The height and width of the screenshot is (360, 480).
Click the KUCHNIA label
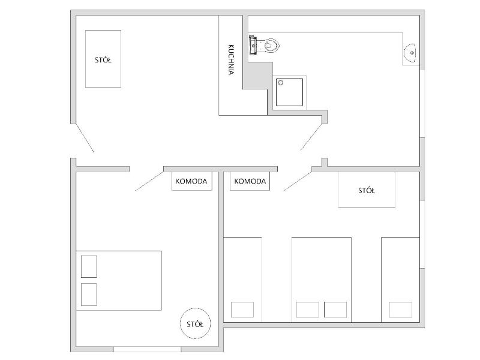[231, 60]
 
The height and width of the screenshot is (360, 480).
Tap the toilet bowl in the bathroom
[272, 46]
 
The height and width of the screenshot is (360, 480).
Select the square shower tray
[290, 92]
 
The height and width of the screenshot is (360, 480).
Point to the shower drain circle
[281, 83]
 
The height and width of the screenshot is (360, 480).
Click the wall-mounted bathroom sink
[410, 53]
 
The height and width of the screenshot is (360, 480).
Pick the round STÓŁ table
[195, 323]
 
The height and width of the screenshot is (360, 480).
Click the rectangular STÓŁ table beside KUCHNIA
[103, 59]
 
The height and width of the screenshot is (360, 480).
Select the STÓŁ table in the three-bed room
[367, 190]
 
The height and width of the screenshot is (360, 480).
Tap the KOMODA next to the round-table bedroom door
[191, 181]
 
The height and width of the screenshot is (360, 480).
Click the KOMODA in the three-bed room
[250, 181]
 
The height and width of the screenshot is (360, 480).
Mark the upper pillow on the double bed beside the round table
[89, 266]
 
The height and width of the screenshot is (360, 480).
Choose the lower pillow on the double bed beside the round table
[89, 295]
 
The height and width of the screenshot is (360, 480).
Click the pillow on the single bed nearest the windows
[400, 310]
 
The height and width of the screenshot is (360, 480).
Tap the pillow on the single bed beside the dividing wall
[242, 310]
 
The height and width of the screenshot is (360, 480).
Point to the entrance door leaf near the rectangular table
[85, 138]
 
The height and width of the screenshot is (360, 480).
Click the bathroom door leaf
[311, 137]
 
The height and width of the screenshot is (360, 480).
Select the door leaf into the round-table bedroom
[149, 181]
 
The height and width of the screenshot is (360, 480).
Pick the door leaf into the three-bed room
[298, 181]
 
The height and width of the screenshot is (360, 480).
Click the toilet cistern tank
[253, 45]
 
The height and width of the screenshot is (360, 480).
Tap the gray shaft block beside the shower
[258, 76]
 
